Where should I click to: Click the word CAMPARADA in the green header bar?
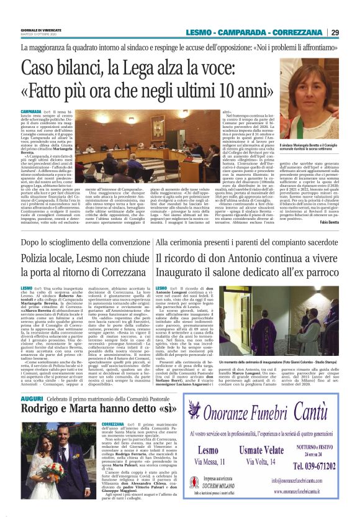click(x=251, y=33)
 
